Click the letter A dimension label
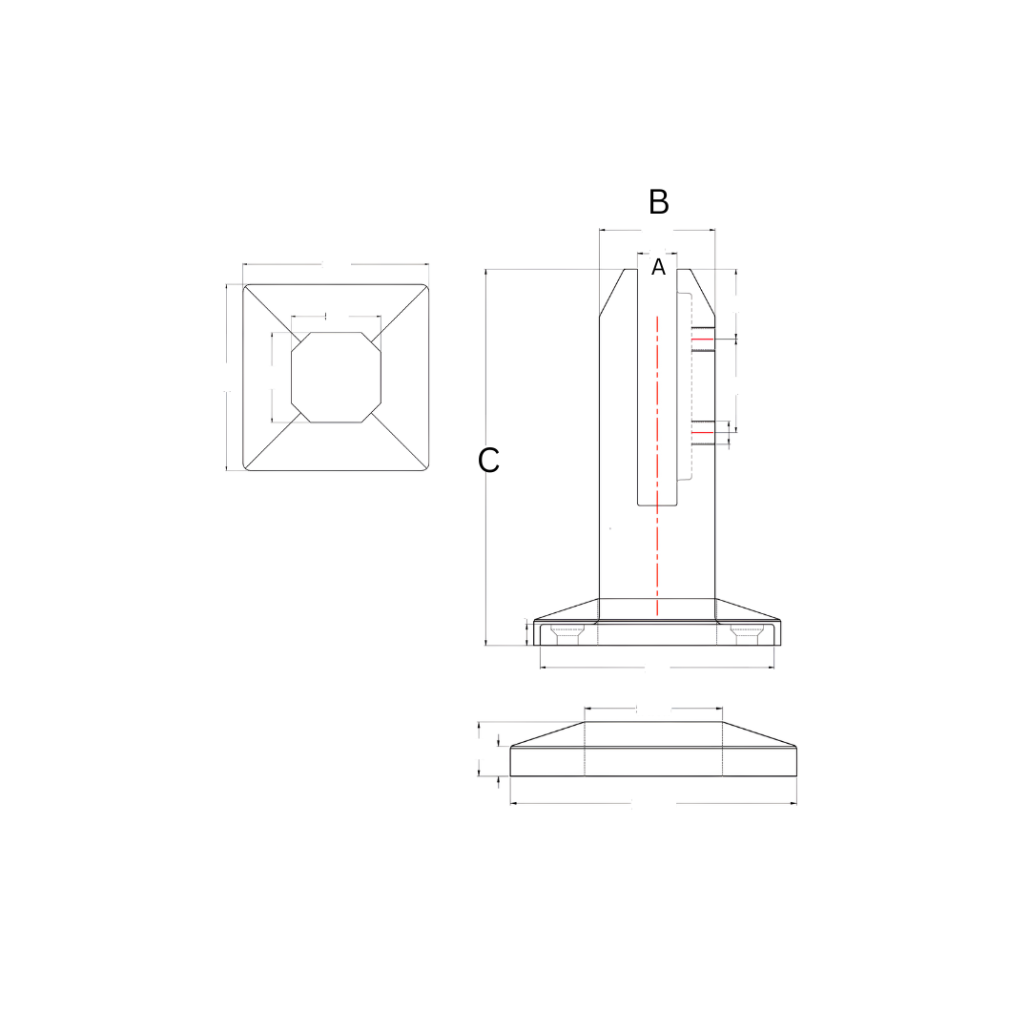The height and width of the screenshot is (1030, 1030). click(x=658, y=268)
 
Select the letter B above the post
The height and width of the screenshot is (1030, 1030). click(x=658, y=202)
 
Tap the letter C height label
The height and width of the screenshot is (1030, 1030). click(x=488, y=461)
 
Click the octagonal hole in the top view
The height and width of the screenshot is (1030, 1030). click(x=336, y=377)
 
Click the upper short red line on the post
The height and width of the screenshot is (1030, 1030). click(x=702, y=339)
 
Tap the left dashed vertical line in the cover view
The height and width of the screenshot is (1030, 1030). click(x=585, y=749)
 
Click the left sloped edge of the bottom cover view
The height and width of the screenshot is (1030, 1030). click(x=546, y=733)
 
